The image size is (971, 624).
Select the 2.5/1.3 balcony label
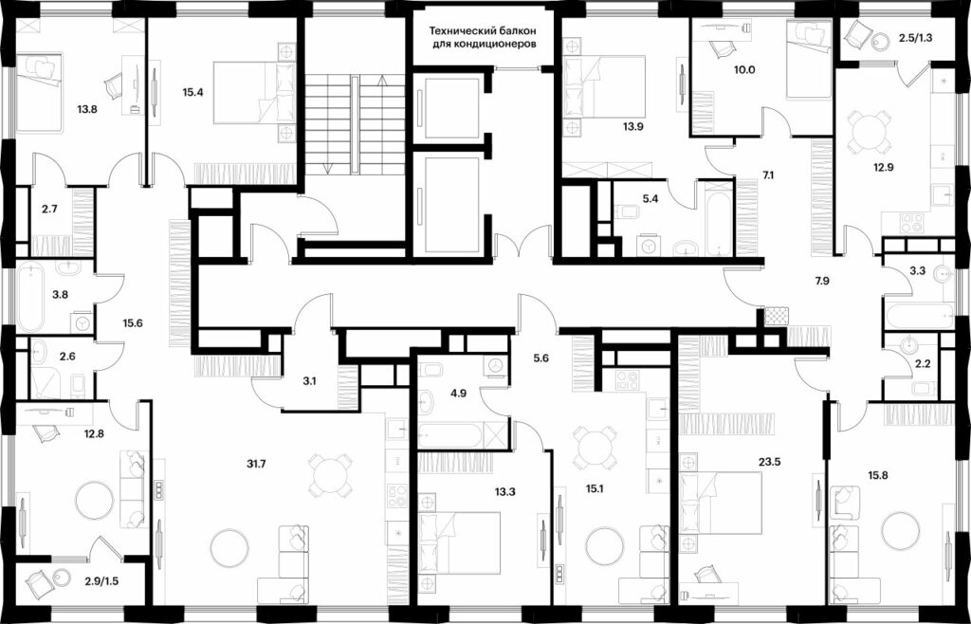(915, 37)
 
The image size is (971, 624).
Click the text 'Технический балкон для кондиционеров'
(483, 37)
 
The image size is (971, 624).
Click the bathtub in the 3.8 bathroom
(30, 297)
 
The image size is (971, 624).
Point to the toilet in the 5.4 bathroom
(626, 213)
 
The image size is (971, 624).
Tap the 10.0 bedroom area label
(745, 69)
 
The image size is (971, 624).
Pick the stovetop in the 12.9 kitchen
(911, 223)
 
